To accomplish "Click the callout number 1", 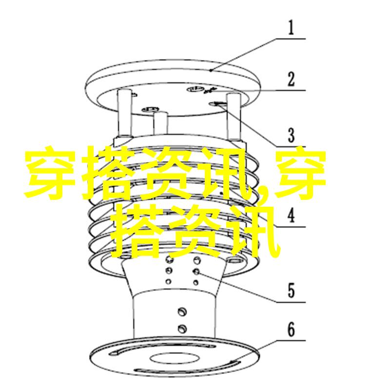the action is point(291,27).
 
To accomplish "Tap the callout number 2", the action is point(291,79).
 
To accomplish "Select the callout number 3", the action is point(291,135).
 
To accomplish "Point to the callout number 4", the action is point(291,215).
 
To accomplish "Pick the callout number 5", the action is point(291,290).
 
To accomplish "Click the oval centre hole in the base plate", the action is point(175,358).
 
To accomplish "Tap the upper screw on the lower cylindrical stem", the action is point(182,312).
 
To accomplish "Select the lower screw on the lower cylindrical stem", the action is point(182,329).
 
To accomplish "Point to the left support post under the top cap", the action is point(124,113).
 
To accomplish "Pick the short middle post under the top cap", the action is point(160,124).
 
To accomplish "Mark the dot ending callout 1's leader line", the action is point(211,71).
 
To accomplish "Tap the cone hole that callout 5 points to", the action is point(196,272).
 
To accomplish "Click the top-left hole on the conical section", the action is point(169,259).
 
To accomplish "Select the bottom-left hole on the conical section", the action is point(169,282).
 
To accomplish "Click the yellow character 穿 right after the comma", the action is point(301,174).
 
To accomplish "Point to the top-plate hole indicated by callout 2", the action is point(196,89).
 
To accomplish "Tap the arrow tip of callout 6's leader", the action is point(230,363).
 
